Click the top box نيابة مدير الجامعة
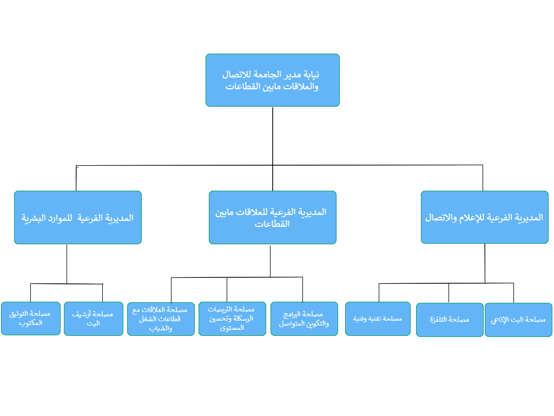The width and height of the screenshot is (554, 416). click(273, 80)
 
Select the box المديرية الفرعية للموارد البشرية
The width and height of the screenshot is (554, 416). click(78, 218)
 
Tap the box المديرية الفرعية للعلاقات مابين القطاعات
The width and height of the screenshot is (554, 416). click(273, 218)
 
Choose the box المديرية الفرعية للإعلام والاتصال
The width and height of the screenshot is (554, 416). click(484, 217)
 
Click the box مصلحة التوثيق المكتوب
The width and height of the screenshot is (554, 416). click(31, 318)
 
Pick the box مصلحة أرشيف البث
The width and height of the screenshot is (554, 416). click(94, 318)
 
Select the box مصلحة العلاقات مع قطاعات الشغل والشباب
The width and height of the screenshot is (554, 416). click(161, 318)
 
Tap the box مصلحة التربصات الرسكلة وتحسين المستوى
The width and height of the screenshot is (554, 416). click(232, 318)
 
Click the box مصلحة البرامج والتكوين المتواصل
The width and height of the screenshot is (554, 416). click(304, 318)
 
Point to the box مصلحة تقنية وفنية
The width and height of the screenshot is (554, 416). click(378, 318)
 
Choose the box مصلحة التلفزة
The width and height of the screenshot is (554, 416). click(450, 320)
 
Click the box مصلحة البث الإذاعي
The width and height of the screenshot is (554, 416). click(518, 320)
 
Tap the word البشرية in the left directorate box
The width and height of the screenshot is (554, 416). click(32, 218)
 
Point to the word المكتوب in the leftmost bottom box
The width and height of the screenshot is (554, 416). click(31, 323)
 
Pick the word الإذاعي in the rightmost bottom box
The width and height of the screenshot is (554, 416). click(499, 320)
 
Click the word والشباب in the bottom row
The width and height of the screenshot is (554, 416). click(161, 328)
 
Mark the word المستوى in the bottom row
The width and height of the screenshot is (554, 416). click(232, 328)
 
